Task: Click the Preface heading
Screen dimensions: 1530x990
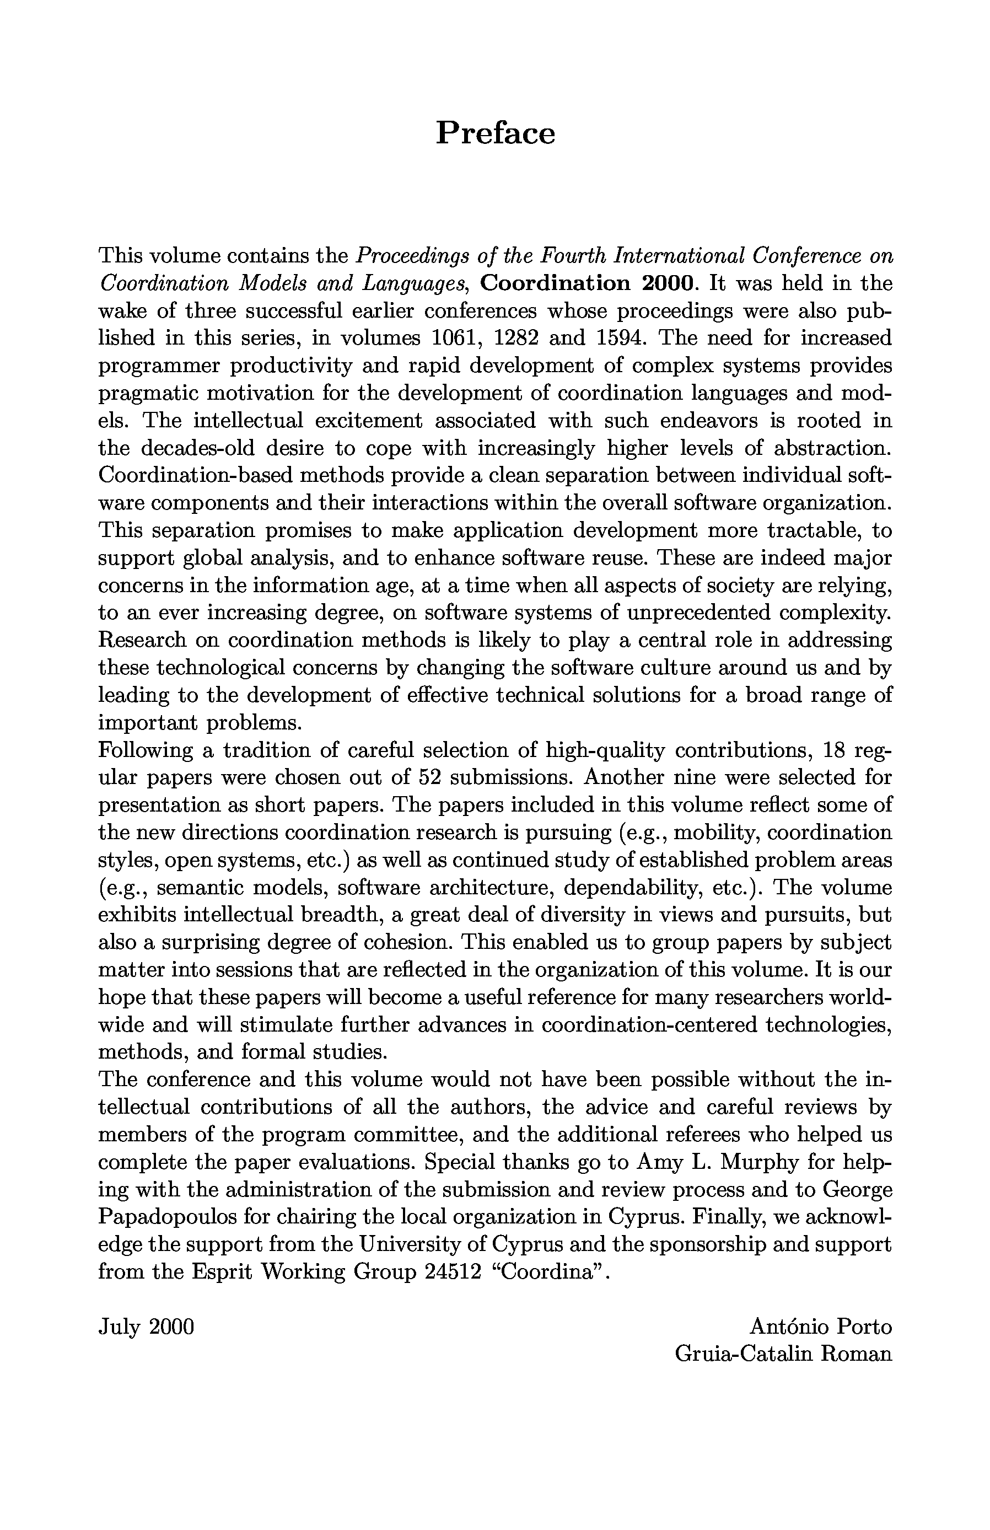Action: pyautogui.click(x=495, y=134)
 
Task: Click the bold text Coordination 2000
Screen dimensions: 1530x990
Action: pyautogui.click(x=588, y=283)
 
